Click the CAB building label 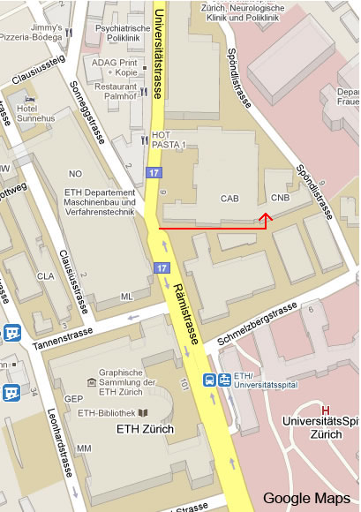tap(230, 199)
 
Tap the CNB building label tap(281, 199)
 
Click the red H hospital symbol tap(326, 410)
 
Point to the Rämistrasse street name tap(191, 307)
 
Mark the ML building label tap(127, 297)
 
